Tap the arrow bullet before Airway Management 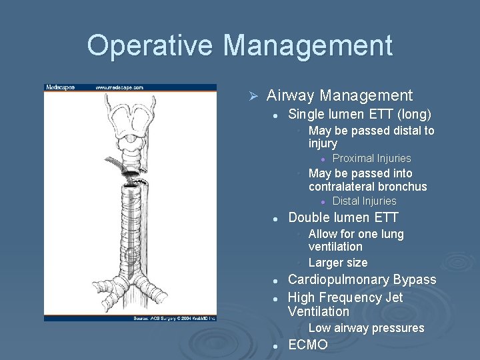[253, 97]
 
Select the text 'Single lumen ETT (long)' [359, 114]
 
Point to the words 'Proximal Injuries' [371, 159]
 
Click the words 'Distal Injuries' [364, 201]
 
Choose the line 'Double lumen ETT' [343, 217]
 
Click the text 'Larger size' [337, 263]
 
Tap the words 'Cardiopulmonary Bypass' [361, 280]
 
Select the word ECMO [307, 345]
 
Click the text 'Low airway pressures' [366, 328]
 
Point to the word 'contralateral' [340, 187]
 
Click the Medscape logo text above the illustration [60, 87]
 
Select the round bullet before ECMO [275, 345]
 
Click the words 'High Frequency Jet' [345, 297]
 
